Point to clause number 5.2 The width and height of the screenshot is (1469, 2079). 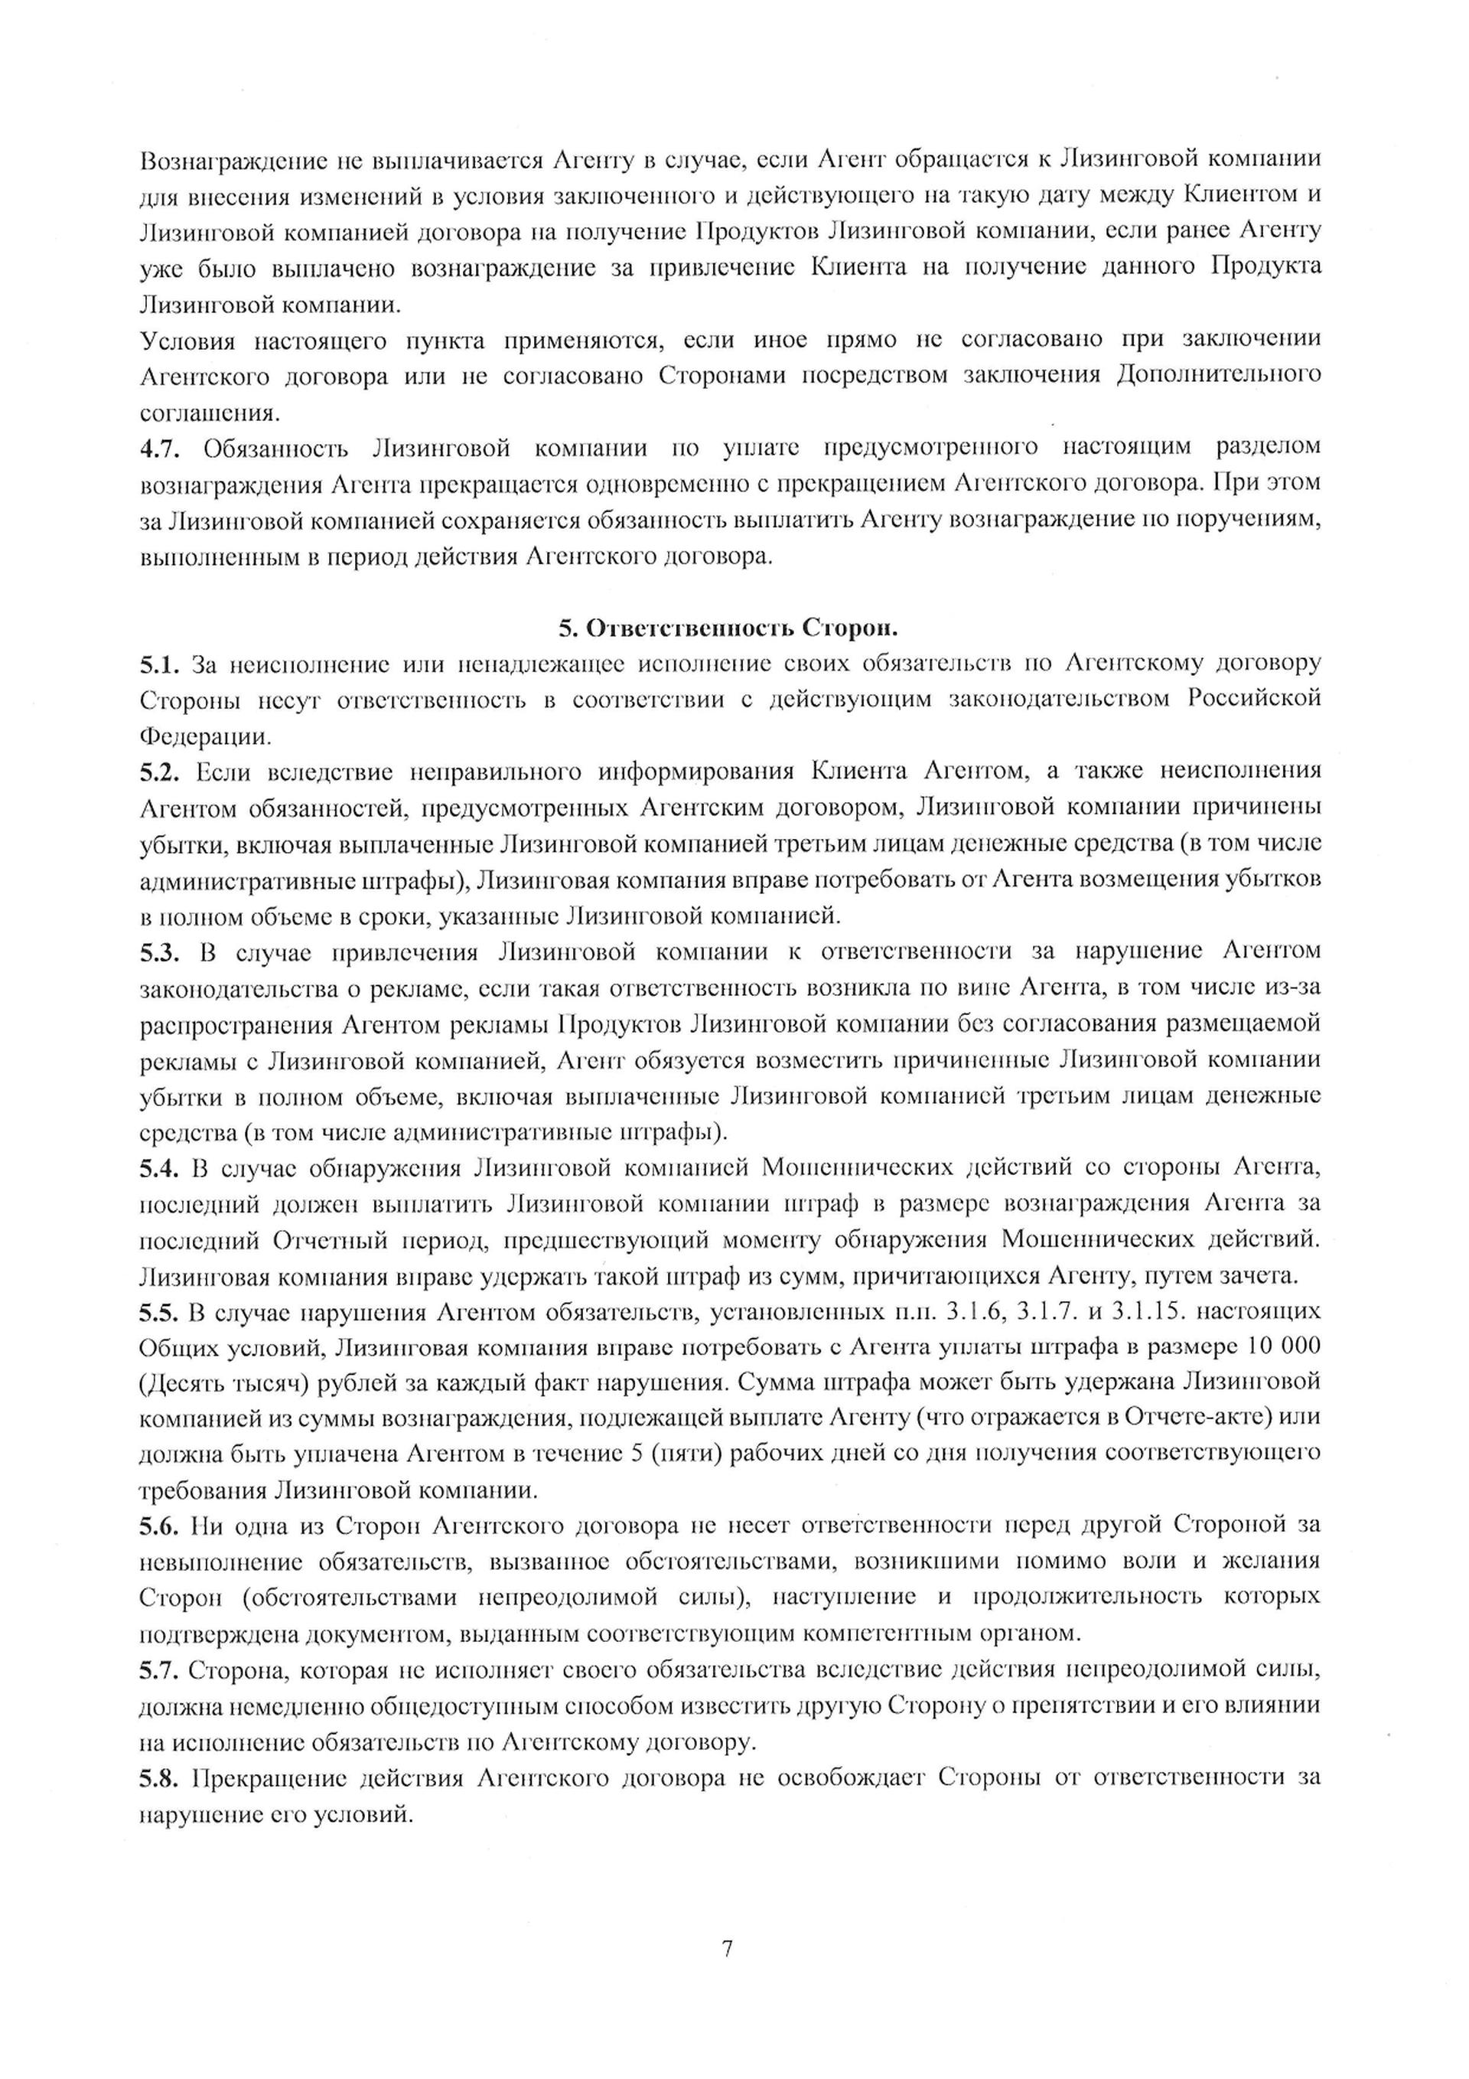click(160, 772)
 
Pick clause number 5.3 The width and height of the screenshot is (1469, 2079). click(160, 951)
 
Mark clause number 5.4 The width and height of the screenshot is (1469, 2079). click(160, 1168)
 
